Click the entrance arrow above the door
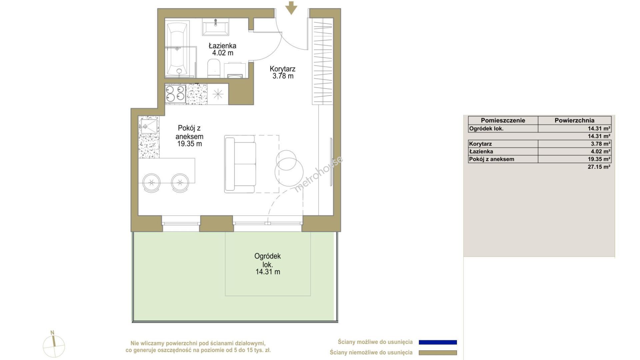point(292,8)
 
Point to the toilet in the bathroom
point(214,69)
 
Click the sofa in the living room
point(240,164)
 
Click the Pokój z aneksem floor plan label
point(190,136)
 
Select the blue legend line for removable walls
point(438,342)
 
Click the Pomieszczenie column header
point(503,120)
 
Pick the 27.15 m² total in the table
point(599,167)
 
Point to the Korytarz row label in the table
point(480,144)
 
